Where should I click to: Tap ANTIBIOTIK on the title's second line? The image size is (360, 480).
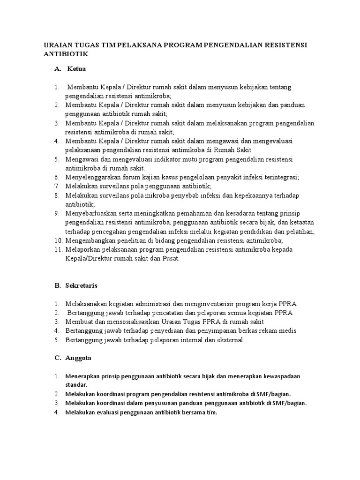click(66, 54)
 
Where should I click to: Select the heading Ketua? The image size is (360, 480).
click(76, 69)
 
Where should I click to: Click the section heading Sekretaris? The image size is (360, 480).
click(82, 285)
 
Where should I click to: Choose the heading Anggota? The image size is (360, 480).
click(79, 358)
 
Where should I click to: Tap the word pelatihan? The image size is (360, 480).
click(300, 232)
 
